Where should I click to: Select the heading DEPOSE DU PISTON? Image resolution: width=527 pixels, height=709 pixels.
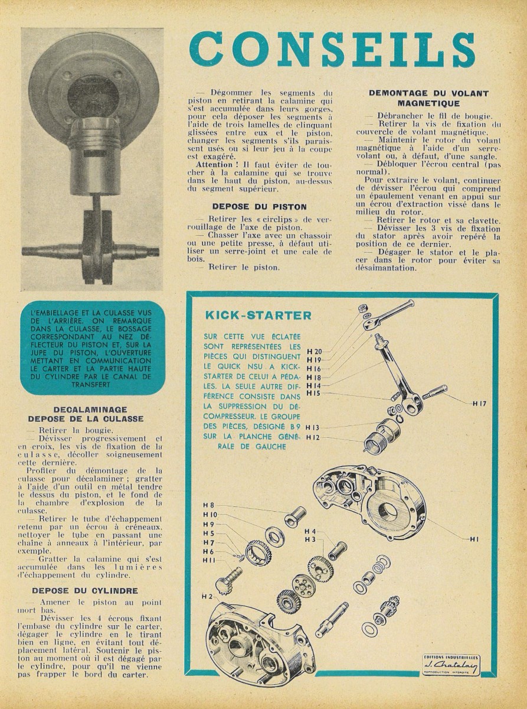pos(259,207)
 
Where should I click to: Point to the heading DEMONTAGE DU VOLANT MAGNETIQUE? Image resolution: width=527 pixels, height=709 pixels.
pos(428,98)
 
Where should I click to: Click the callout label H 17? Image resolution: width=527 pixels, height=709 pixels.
pos(479,404)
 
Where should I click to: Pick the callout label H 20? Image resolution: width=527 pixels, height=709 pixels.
pos(314,351)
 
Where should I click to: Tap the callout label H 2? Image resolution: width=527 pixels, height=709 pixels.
pos(207,596)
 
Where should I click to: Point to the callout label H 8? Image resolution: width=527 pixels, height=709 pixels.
pos(208,505)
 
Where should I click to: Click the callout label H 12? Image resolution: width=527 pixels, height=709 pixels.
pos(312,437)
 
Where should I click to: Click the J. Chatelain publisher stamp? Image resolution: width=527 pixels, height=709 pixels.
pos(451,665)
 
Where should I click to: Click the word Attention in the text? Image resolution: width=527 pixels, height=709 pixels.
pos(214,164)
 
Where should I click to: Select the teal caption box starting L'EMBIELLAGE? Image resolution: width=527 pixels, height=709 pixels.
pos(91,348)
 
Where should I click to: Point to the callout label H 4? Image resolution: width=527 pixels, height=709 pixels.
pos(310,531)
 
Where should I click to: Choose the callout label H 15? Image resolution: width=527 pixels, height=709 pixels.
pos(313,393)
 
